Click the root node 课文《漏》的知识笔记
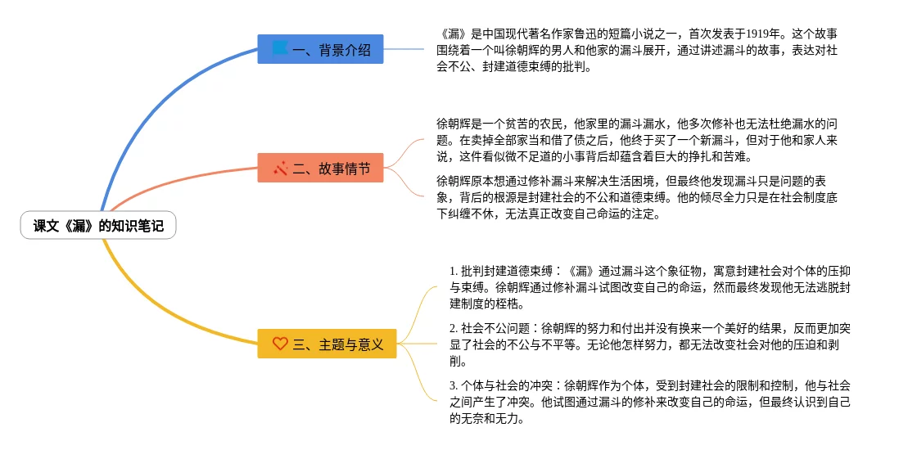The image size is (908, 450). [x=98, y=226]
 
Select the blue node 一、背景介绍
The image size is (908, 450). [x=320, y=49]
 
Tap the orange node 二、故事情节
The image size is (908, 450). [x=320, y=169]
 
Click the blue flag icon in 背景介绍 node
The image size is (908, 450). [x=280, y=49]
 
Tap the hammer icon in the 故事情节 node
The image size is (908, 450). [x=281, y=169]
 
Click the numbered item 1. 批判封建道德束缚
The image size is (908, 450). [x=651, y=287]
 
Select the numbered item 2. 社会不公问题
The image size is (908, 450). [x=651, y=344]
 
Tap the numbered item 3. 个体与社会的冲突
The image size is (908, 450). [x=651, y=402]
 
